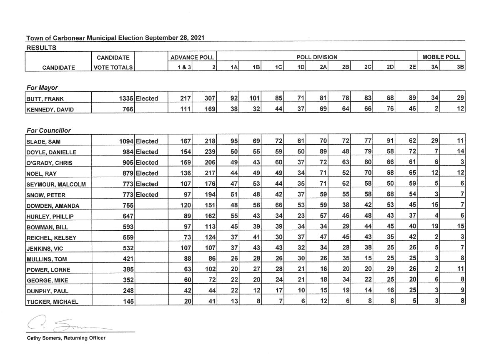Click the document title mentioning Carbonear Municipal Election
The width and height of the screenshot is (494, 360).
[x=115, y=38]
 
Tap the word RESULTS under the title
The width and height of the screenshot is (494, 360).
[x=41, y=48]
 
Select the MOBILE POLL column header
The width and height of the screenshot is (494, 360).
[x=441, y=57]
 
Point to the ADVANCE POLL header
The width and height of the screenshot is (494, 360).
[x=192, y=57]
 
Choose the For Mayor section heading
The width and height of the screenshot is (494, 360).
[x=42, y=88]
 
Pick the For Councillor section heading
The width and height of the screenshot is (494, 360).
[x=48, y=131]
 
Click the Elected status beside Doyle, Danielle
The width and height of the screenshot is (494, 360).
[x=147, y=152]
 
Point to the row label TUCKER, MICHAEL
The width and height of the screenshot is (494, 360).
[x=52, y=302]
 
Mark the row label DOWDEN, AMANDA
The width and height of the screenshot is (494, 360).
[x=53, y=206]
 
